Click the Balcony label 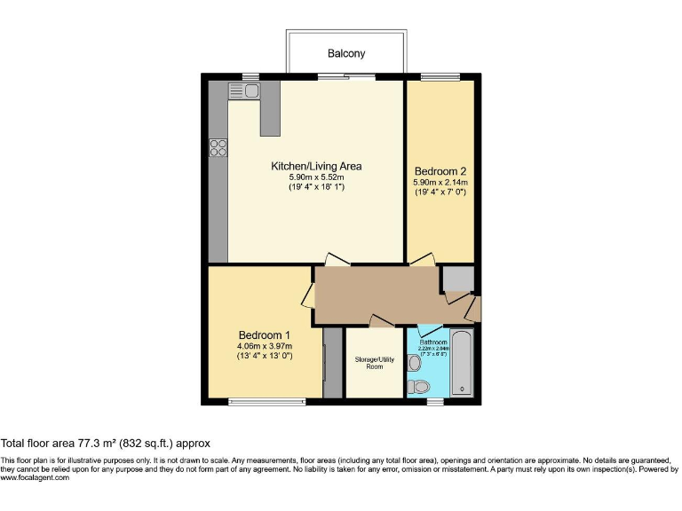[x=346, y=54]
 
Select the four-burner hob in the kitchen [x=218, y=148]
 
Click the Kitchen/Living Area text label [x=316, y=166]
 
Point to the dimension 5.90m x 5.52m [x=315, y=177]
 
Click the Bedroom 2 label [x=440, y=171]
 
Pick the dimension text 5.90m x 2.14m [x=440, y=182]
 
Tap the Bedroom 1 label [x=265, y=335]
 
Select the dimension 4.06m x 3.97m [x=265, y=346]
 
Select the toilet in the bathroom [x=418, y=386]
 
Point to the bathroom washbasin [x=414, y=363]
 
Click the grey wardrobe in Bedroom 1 [x=332, y=362]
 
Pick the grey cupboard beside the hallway [x=458, y=279]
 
